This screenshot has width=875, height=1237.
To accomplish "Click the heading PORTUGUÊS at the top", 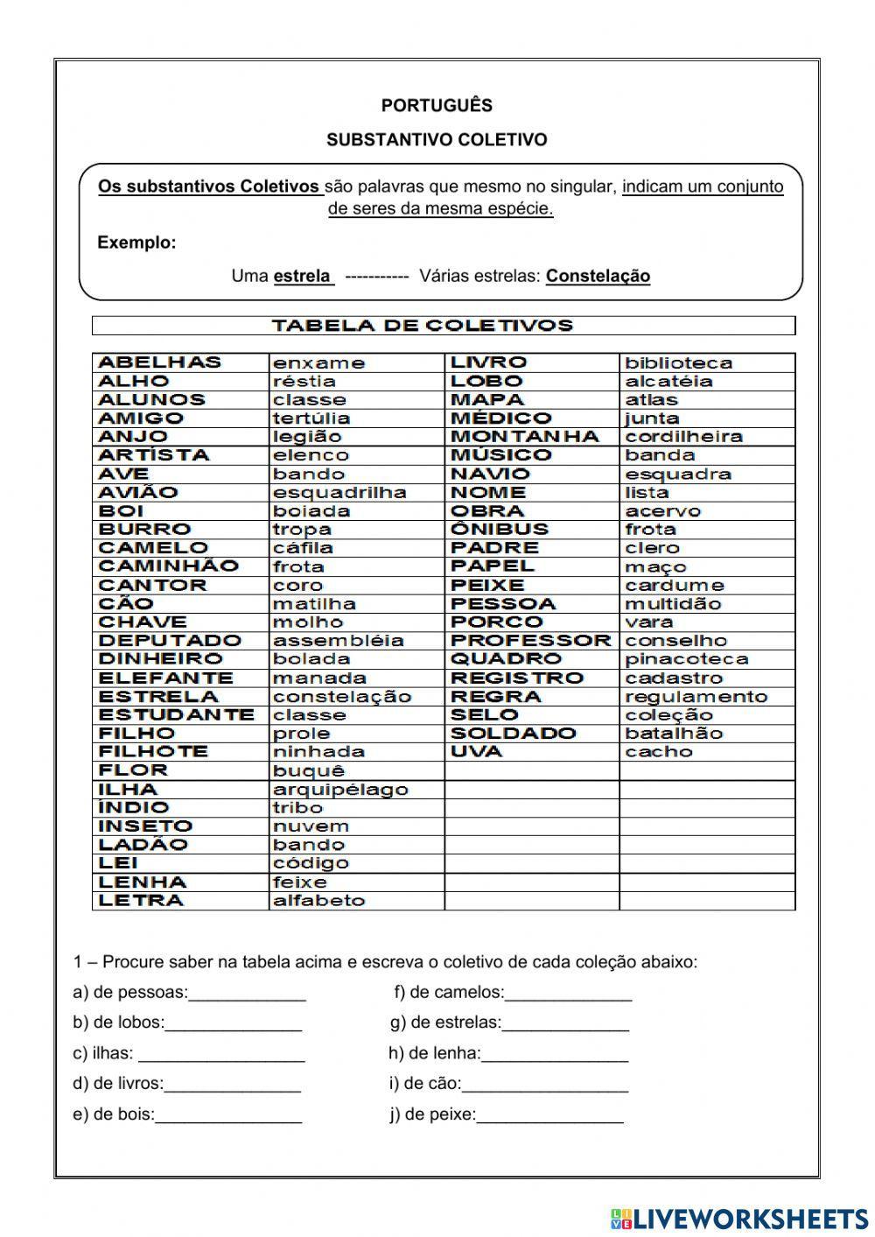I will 437,106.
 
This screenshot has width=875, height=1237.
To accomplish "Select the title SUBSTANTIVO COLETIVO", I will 437,140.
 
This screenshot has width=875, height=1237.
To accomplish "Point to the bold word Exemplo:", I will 136,242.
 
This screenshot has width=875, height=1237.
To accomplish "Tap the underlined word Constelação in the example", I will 598,277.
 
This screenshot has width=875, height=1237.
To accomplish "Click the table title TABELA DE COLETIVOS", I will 422,326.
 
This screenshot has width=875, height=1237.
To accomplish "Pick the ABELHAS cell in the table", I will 160,362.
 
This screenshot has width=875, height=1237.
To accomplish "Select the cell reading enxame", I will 318,363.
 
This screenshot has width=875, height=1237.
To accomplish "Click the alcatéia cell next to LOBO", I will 668,382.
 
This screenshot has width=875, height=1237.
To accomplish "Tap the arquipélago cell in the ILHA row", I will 340,790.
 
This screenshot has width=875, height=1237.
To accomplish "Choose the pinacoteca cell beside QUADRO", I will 686,659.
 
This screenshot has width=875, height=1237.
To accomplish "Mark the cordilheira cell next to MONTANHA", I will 683,437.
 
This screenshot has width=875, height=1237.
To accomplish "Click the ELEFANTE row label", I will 165,678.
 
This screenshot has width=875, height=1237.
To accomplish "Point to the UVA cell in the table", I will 477,752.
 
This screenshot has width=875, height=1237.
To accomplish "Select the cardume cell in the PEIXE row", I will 674,586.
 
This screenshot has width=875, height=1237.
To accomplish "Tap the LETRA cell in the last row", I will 142,901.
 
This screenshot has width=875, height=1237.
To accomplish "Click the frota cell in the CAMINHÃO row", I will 298,567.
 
